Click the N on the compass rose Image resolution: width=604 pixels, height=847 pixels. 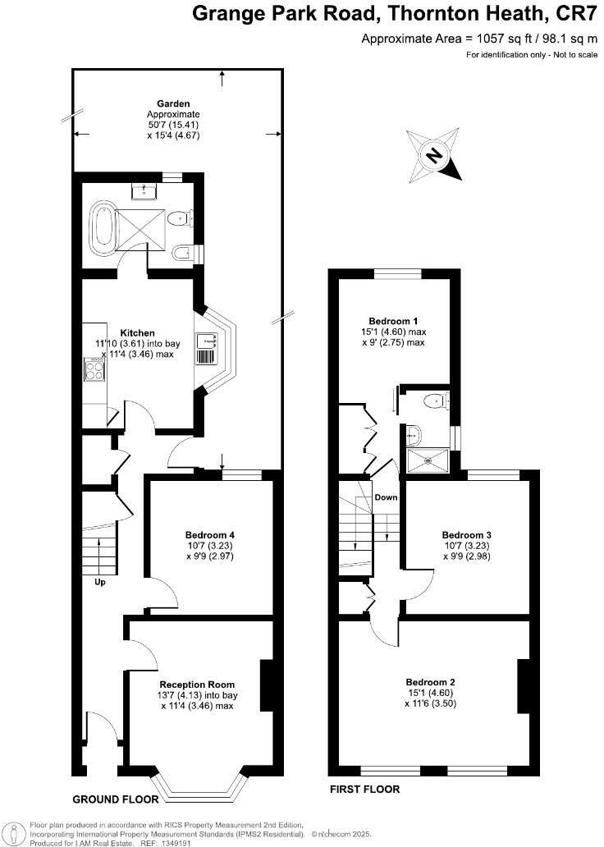435,156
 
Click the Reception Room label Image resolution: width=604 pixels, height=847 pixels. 197,684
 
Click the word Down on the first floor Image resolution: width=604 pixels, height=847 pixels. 386,498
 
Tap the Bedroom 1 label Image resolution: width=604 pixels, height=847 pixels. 393,320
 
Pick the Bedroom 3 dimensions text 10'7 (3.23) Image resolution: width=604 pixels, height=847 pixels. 466,545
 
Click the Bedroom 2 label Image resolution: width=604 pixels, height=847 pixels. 430,681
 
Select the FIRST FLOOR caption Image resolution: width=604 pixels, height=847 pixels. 364,790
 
